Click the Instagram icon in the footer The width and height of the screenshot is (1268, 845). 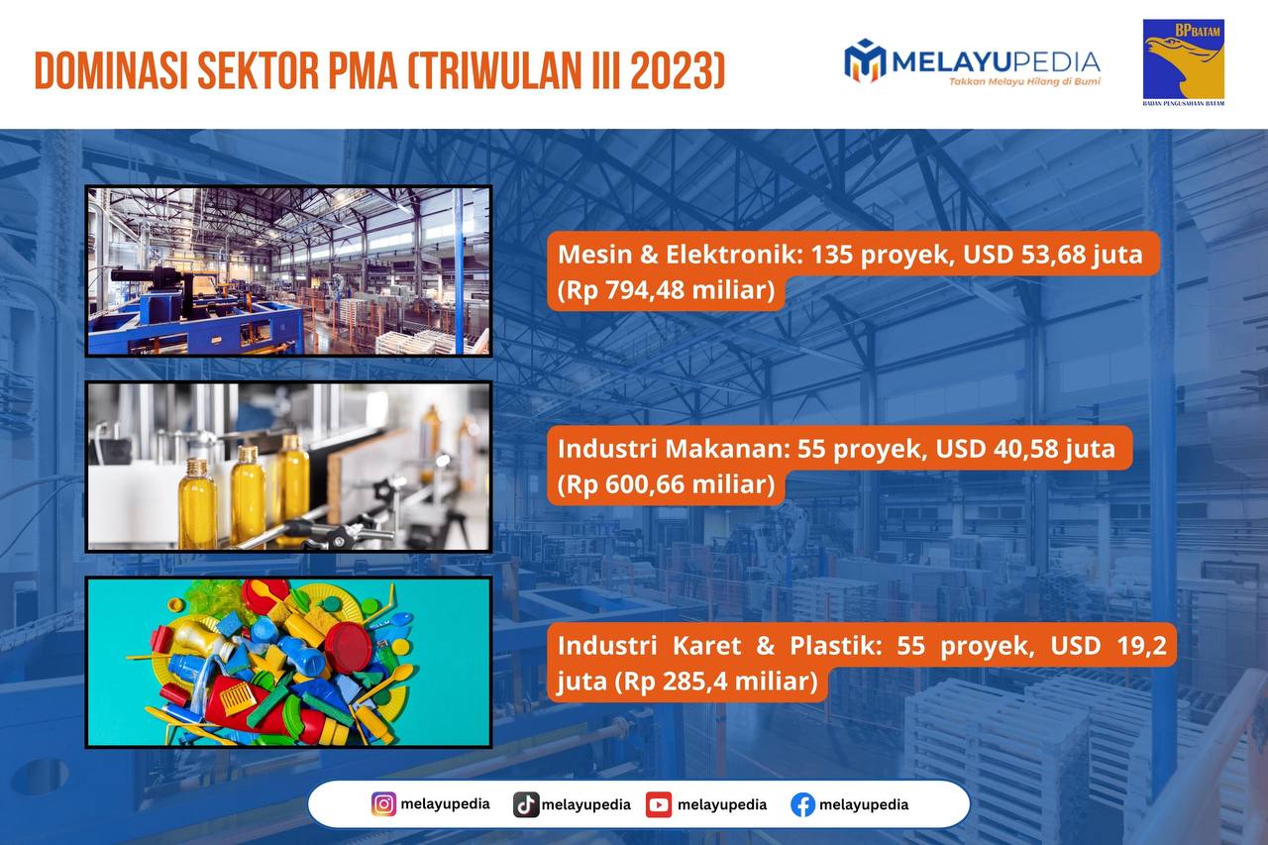[x=383, y=804]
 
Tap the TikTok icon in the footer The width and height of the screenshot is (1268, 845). [x=526, y=804]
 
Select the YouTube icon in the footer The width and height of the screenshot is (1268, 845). [x=659, y=804]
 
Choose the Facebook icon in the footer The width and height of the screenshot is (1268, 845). [x=802, y=804]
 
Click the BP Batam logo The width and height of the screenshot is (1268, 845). [x=1184, y=62]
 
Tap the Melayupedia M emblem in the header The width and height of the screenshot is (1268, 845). [x=865, y=60]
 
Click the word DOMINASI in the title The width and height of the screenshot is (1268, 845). [x=111, y=71]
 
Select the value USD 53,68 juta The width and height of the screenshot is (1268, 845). [x=1053, y=255]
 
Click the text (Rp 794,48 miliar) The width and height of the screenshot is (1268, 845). [x=666, y=290]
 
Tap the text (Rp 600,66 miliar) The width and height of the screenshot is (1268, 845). [x=666, y=484]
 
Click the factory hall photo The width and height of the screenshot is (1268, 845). [x=288, y=271]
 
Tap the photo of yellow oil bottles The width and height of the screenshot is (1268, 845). [x=288, y=467]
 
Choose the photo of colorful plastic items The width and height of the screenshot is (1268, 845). [x=288, y=662]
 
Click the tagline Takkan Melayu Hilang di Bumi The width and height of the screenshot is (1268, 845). [x=1024, y=82]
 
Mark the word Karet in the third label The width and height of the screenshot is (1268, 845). [x=706, y=646]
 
